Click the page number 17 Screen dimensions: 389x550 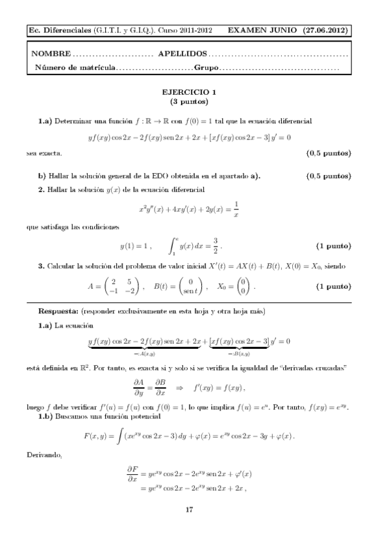click(x=189, y=510)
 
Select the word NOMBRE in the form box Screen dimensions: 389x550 click(x=51, y=54)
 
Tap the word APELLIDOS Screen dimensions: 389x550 click(x=182, y=54)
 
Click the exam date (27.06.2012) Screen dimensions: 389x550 click(x=327, y=30)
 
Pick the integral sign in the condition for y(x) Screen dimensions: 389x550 click(x=172, y=246)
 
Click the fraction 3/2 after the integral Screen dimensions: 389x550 click(x=216, y=246)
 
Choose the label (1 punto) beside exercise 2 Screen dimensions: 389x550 click(x=333, y=247)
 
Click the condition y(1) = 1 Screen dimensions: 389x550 click(x=136, y=247)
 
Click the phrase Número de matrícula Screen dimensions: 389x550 click(x=76, y=67)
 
